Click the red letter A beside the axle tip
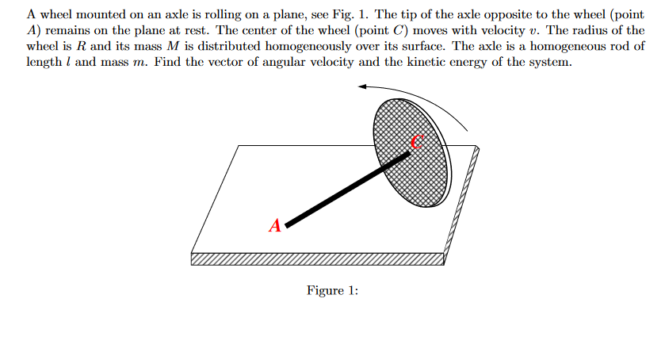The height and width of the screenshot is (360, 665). click(275, 225)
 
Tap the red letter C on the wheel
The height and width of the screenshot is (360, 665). click(418, 141)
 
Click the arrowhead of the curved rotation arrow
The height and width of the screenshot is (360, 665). click(362, 86)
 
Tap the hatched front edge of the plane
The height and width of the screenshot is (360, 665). click(317, 259)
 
